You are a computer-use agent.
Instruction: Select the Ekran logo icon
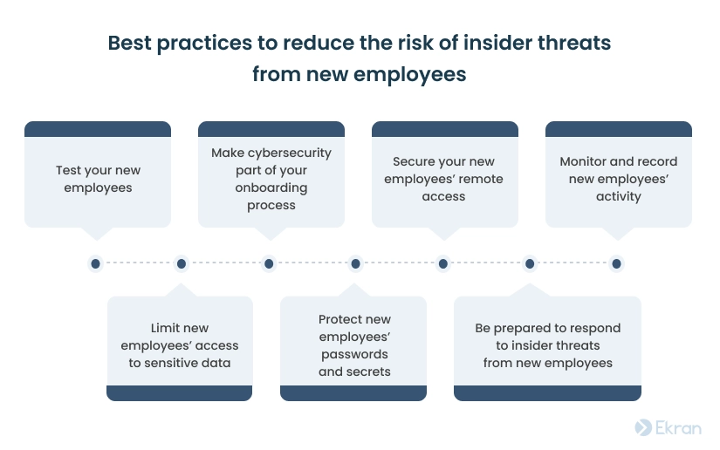coord(643,427)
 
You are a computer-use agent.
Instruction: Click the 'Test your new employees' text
coord(98,179)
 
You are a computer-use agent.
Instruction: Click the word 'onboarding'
coord(271,187)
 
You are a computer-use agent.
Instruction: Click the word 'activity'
coord(619,196)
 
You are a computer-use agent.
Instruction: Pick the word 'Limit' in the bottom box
coord(161,328)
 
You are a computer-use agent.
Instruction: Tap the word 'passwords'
coord(354,355)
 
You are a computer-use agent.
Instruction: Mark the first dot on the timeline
coord(95,263)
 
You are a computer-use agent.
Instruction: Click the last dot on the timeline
coord(617,263)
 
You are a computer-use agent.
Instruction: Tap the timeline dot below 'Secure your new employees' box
coord(443,263)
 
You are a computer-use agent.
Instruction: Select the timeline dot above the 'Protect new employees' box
coord(355,263)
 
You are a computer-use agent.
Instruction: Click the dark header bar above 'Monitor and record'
coord(619,129)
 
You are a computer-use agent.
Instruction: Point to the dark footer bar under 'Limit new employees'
coord(180,393)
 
